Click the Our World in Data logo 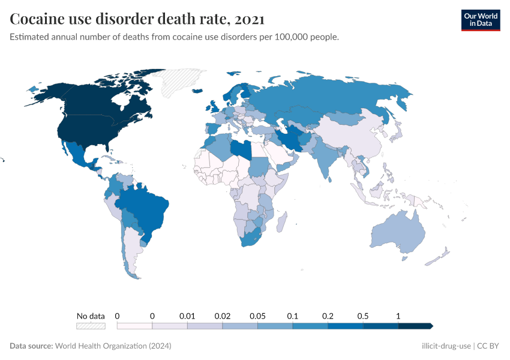click(x=480, y=20)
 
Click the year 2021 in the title click(x=249, y=19)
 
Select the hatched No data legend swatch click(x=91, y=326)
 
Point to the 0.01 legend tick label click(x=187, y=316)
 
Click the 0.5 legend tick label click(x=363, y=316)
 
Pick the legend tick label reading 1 click(x=398, y=316)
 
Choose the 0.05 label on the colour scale click(x=257, y=316)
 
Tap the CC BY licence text click(x=488, y=346)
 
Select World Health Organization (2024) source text click(x=113, y=346)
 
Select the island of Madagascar click(x=279, y=223)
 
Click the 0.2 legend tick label click(x=328, y=316)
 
